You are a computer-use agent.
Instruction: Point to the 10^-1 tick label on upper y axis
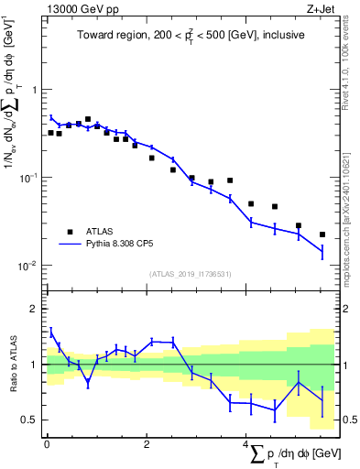[30, 178]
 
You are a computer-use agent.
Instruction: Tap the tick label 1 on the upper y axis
[36, 90]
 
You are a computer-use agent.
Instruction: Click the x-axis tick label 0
[47, 444]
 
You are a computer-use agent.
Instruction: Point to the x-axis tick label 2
[147, 444]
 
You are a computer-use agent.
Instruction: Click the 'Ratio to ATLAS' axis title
[12, 365]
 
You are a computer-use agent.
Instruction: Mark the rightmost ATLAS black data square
[322, 234]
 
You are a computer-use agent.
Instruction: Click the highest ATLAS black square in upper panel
[88, 119]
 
